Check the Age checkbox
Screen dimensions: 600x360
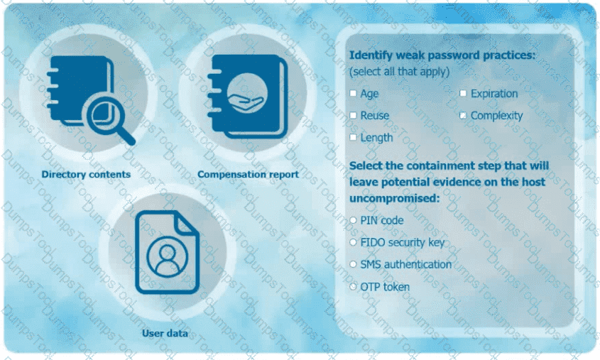[353, 93]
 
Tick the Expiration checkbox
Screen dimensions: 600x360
[463, 93]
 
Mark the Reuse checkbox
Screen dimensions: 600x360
[353, 116]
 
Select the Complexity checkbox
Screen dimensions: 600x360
[463, 116]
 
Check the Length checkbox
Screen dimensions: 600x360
[353, 137]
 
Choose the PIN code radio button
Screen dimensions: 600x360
[353, 220]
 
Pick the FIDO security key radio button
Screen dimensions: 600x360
[353, 242]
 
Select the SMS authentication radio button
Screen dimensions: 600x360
[353, 264]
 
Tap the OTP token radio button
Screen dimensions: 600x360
[353, 287]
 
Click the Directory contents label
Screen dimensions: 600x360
[86, 175]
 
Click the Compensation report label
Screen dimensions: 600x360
[248, 175]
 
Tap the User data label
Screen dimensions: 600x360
[165, 333]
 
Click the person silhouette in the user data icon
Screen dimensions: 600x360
[168, 257]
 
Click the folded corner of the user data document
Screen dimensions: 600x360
[188, 222]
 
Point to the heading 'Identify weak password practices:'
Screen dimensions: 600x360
[442, 55]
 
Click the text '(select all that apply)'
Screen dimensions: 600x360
[400, 72]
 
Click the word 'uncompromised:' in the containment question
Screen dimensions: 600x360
[395, 199]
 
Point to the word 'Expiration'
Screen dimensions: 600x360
[494, 94]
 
